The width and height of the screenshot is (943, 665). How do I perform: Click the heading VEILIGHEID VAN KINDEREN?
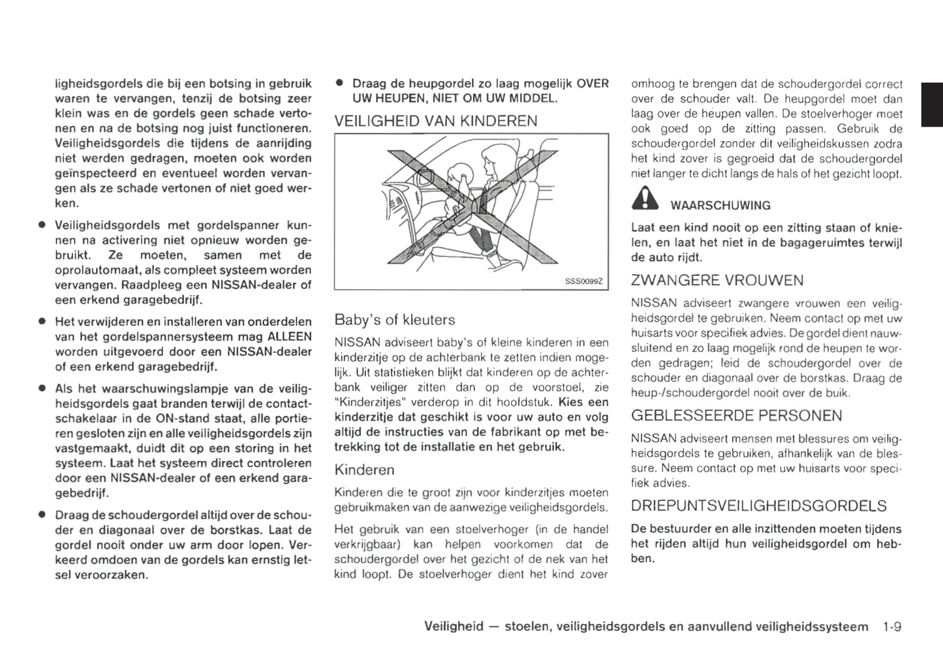coord(435,121)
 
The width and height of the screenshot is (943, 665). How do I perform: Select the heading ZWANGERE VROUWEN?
coord(717,281)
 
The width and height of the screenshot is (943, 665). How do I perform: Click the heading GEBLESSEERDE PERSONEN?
coord(737,416)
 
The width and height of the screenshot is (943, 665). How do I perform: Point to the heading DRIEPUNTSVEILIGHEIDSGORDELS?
coord(759,506)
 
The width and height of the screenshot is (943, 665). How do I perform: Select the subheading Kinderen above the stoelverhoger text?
coord(364,470)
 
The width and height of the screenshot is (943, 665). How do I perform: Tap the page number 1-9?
coord(891,627)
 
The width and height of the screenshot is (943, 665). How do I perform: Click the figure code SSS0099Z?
coord(583,281)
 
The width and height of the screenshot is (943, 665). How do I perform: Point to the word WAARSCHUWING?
coord(720,206)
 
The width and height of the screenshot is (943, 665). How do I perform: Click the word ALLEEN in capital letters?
coord(290,337)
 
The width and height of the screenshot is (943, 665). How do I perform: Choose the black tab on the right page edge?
coord(932,104)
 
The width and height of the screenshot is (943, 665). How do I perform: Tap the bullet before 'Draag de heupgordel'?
coord(339,84)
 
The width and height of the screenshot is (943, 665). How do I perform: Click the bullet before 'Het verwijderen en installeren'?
coord(41,322)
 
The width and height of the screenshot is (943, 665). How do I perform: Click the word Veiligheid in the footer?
coord(454,627)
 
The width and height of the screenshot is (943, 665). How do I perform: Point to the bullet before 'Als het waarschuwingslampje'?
coord(41,388)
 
